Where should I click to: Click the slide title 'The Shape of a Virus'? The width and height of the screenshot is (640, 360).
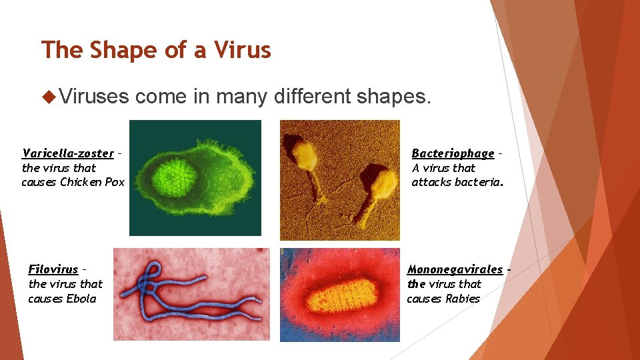click(156, 50)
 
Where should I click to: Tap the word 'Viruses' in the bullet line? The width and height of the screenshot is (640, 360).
click(94, 97)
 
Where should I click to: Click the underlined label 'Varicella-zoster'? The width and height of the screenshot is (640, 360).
click(67, 153)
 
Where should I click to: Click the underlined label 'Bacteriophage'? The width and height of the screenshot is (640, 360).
click(453, 153)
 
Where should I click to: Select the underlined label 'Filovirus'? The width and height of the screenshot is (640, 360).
click(53, 269)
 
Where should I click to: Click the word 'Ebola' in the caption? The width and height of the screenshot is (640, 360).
click(81, 299)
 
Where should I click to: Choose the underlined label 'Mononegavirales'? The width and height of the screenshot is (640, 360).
click(455, 269)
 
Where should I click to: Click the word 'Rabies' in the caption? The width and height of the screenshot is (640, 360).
click(463, 299)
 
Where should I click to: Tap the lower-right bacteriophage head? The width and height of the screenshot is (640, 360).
click(381, 184)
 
